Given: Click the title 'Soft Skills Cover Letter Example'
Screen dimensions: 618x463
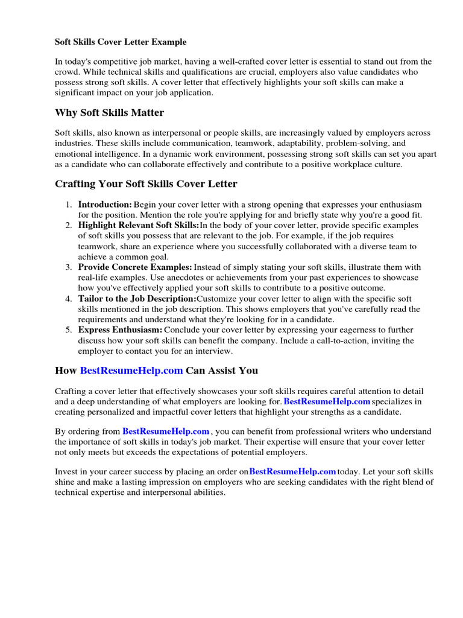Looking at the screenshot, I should pyautogui.click(x=121, y=42).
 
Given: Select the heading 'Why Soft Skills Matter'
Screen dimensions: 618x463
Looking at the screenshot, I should pyautogui.click(x=109, y=113).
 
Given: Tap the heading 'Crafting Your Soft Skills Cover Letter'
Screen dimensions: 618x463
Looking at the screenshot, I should pyautogui.click(x=146, y=183).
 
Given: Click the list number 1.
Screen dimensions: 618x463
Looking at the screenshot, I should pyautogui.click(x=69, y=205).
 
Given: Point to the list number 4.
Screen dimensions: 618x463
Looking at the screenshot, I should pyautogui.click(x=69, y=299).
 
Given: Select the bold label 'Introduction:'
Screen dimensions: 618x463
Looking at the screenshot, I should pyautogui.click(x=105, y=205).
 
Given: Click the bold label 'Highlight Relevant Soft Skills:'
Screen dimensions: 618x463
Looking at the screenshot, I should pyautogui.click(x=139, y=226).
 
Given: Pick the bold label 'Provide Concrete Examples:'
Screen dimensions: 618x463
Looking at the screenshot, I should pyautogui.click(x=135, y=267).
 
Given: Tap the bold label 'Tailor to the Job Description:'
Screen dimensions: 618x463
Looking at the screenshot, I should pyautogui.click(x=137, y=299).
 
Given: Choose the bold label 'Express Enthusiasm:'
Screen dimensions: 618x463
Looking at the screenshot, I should pyautogui.click(x=120, y=330).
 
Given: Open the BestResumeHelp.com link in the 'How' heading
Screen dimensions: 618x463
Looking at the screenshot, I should pyautogui.click(x=131, y=370).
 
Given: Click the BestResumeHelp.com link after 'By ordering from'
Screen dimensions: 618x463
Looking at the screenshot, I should pyautogui.click(x=166, y=432).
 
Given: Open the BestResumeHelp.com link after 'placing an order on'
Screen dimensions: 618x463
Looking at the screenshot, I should pyautogui.click(x=292, y=472).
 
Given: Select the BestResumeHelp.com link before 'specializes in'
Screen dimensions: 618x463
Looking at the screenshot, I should pyautogui.click(x=327, y=401).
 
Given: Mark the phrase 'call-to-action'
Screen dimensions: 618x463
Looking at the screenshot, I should pyautogui.click(x=340, y=341).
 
